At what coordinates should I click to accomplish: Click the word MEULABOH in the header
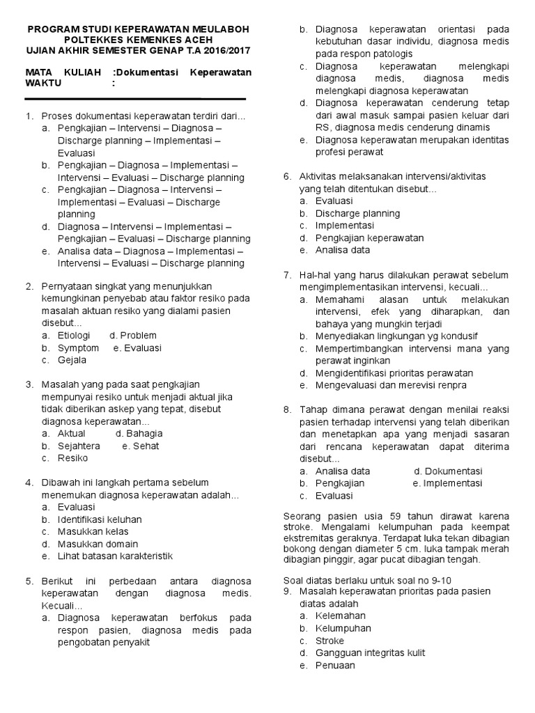220,29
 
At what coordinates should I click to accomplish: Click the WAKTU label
43,84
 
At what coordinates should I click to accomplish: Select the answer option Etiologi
75,335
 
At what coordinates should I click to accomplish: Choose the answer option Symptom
78,347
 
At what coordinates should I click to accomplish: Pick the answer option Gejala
72,360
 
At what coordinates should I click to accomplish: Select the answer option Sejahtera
79,446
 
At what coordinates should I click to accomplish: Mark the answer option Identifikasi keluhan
100,519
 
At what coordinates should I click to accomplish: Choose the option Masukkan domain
98,544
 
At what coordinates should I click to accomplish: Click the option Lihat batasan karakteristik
115,556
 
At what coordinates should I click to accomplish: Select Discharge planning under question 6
357,213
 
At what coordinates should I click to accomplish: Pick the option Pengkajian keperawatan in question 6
369,237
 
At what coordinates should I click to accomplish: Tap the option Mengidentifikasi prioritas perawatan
394,373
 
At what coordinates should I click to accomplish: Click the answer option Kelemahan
341,616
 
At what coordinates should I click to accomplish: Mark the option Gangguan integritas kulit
370,652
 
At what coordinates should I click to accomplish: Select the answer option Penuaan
335,665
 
